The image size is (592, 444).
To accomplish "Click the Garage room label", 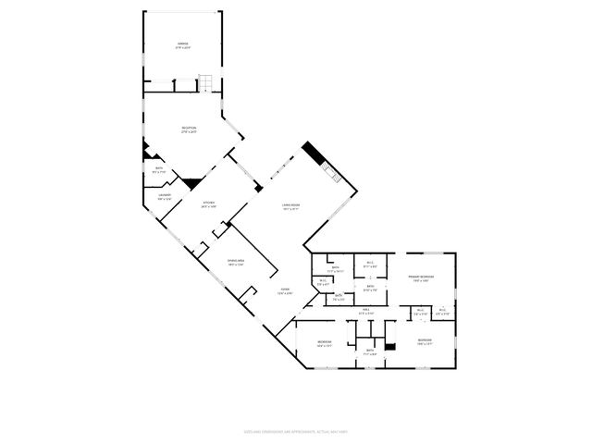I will coord(182,44).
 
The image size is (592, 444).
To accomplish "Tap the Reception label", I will coord(188,129).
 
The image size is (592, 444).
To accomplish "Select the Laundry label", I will coord(164,195).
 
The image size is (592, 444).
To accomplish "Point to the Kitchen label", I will coord(209,203).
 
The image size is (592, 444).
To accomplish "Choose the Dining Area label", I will coord(235,261).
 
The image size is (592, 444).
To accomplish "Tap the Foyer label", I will coord(286,290).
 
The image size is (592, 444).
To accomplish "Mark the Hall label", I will coord(365,309).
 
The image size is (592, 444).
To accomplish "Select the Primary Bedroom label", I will coord(421,277).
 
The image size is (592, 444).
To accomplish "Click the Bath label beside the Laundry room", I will coord(157,168).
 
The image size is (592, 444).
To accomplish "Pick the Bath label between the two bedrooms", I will coord(369,350).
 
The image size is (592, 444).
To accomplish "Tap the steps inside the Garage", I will coord(210,82).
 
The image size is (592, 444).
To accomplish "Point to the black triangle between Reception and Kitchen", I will coord(191,183).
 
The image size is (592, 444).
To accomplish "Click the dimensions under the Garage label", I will coord(182,49).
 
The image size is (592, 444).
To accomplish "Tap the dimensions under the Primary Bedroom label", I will coord(421,281).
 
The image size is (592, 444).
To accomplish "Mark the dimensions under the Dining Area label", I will coord(235,265).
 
